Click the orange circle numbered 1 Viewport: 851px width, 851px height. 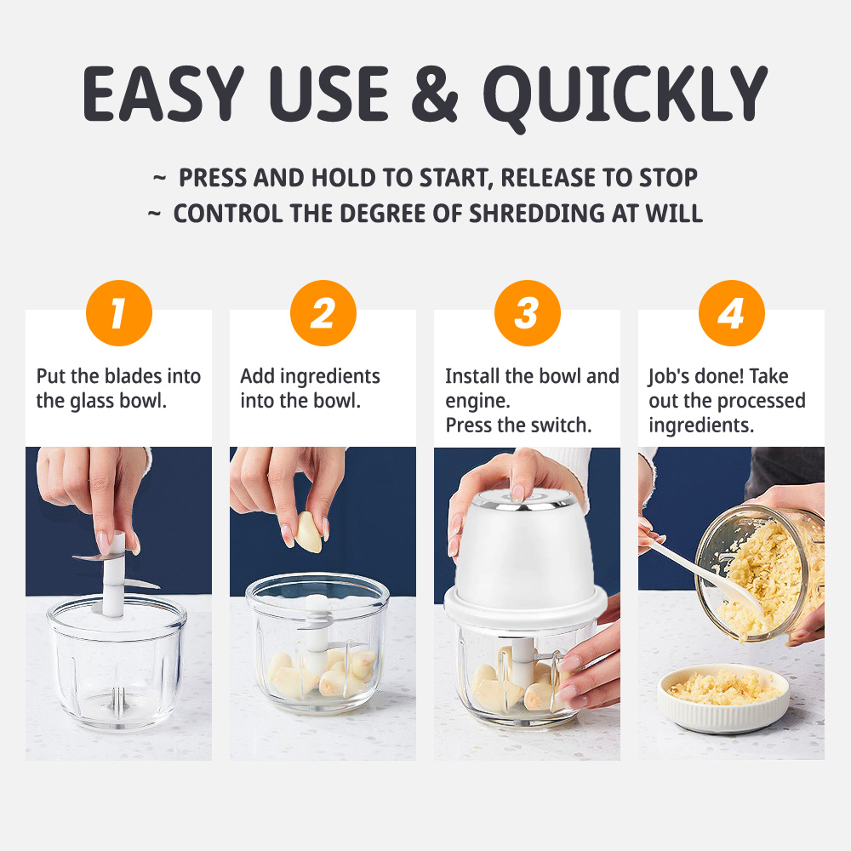118,313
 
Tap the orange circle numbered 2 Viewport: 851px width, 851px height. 323,313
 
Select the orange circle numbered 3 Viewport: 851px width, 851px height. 527,313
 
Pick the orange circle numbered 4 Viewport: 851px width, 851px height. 731,313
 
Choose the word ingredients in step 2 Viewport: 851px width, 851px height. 329,376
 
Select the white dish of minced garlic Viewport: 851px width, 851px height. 723,696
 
